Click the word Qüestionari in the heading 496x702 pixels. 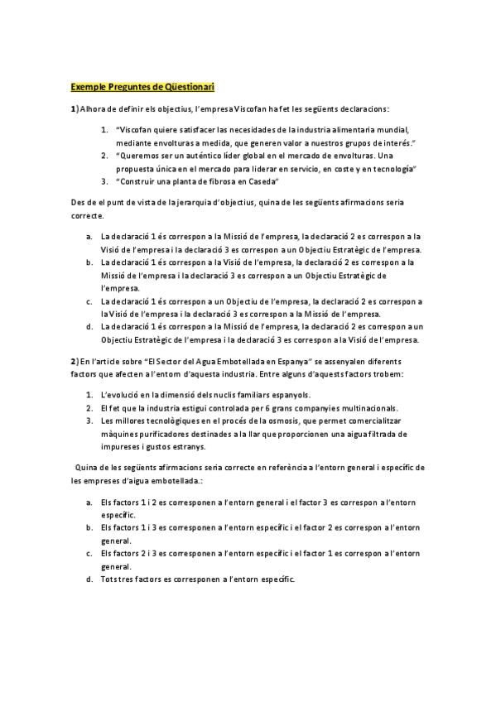pyautogui.click(x=185, y=86)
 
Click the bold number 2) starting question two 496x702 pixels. pyautogui.click(x=75, y=361)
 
